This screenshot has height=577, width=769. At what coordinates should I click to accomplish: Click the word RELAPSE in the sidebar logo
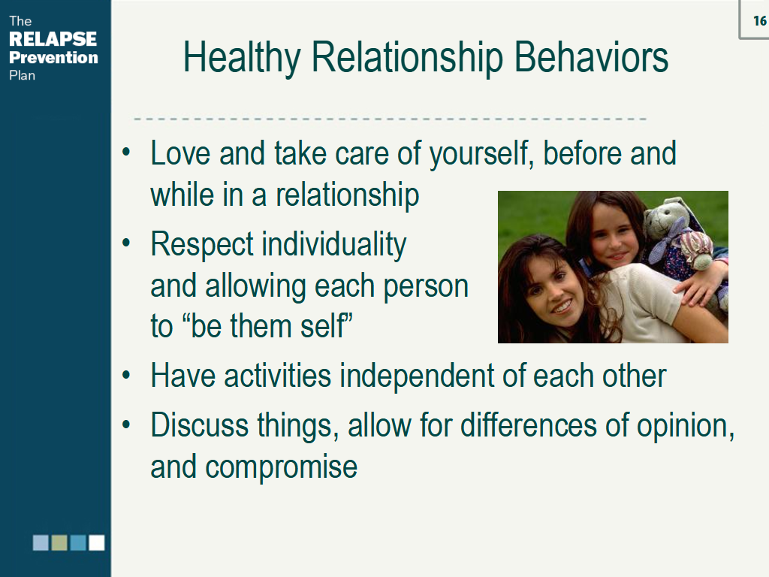53,40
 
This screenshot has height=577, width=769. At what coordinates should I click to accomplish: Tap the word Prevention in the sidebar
53,58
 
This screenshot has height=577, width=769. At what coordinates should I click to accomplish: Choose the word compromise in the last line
281,467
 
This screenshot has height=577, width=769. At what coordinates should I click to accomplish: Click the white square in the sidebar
97,542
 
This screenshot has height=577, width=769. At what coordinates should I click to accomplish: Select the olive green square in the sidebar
59,542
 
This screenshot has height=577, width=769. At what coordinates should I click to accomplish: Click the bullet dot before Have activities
127,376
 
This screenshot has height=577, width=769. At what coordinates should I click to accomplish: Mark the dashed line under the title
391,119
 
